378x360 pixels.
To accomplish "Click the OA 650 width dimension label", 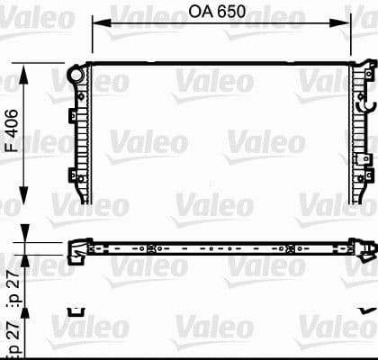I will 220,13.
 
